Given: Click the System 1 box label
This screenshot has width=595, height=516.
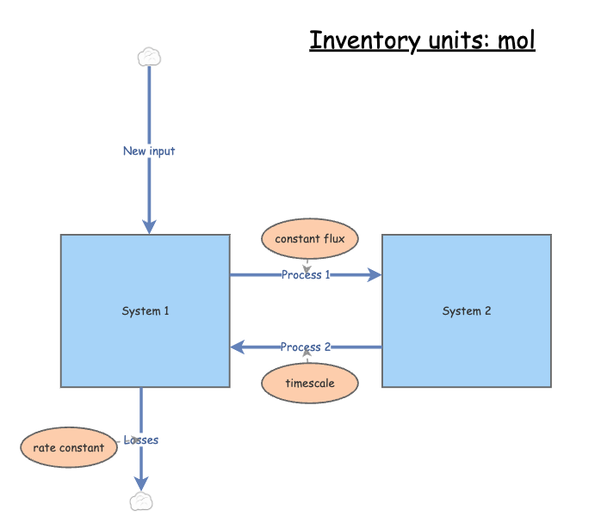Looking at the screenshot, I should coord(146,310).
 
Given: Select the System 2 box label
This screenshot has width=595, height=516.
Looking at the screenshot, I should coord(467,310).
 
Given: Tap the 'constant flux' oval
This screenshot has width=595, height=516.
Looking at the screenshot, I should coord(309,238).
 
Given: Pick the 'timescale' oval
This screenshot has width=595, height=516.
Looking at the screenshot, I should coord(309,383).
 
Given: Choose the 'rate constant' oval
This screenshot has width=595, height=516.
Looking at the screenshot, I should coord(68,447).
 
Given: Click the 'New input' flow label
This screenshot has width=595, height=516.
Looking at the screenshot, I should coord(149,151).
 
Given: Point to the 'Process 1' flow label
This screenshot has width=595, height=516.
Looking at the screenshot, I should coord(306,275).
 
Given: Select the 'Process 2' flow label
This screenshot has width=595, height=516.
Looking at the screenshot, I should coord(306,347).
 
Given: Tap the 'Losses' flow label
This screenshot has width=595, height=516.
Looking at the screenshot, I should coord(141,440).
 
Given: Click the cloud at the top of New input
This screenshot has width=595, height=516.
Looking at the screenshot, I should coord(149,57).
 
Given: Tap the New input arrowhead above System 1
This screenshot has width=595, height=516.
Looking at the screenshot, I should coord(149,226).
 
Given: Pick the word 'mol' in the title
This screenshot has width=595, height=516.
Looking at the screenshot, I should coord(516,40).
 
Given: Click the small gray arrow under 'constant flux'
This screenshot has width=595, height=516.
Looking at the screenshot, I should coord(307,267).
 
